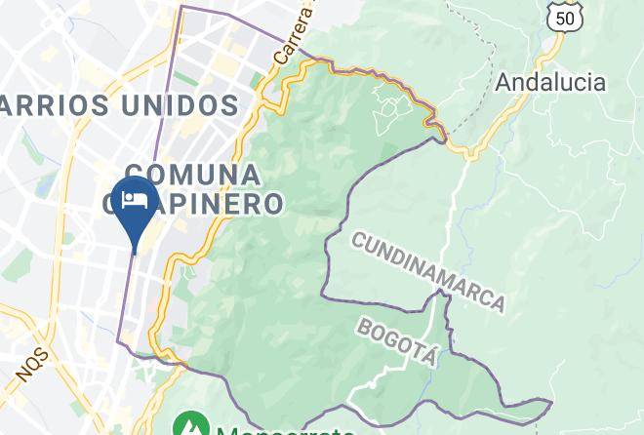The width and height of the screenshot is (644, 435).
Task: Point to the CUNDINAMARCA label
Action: (428, 271)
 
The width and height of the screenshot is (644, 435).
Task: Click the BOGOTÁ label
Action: (397, 342)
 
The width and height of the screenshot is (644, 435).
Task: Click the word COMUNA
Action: (193, 176)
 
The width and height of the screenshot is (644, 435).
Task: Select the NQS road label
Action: (31, 365)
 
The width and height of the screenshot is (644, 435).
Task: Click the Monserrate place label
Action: (283, 429)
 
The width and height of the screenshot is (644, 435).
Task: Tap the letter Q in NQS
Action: (31, 365)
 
